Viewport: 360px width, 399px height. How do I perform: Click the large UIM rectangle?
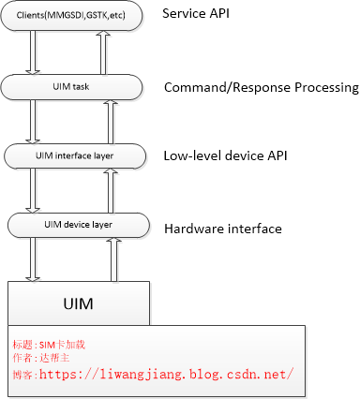78,303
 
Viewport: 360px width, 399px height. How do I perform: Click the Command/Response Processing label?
261,88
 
